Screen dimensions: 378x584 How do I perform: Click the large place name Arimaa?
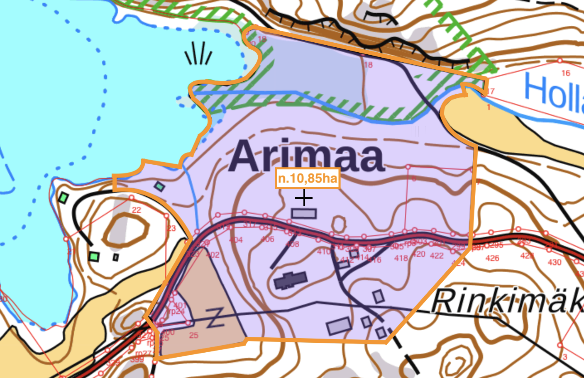click(306, 156)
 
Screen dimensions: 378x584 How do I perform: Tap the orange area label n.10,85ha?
click(308, 178)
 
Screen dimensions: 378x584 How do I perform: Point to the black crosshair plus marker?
click(304, 198)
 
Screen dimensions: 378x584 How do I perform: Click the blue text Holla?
click(554, 93)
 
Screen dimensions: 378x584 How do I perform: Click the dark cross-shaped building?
click(291, 280)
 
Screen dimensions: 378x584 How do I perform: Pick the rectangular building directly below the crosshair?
click(304, 214)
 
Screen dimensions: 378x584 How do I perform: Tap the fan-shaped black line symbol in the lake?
click(199, 54)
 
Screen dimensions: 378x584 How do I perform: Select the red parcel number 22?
click(137, 210)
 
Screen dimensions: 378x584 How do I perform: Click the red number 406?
click(267, 239)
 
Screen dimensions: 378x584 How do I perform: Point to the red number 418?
click(401, 258)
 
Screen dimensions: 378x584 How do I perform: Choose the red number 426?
click(492, 258)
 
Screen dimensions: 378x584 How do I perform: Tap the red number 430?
click(555, 262)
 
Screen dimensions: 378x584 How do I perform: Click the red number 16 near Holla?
click(566, 73)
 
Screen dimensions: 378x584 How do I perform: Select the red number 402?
click(213, 255)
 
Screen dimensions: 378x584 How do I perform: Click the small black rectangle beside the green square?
click(116, 258)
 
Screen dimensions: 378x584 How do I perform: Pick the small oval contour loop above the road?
click(339, 224)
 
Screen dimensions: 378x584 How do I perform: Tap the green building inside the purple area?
click(159, 186)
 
